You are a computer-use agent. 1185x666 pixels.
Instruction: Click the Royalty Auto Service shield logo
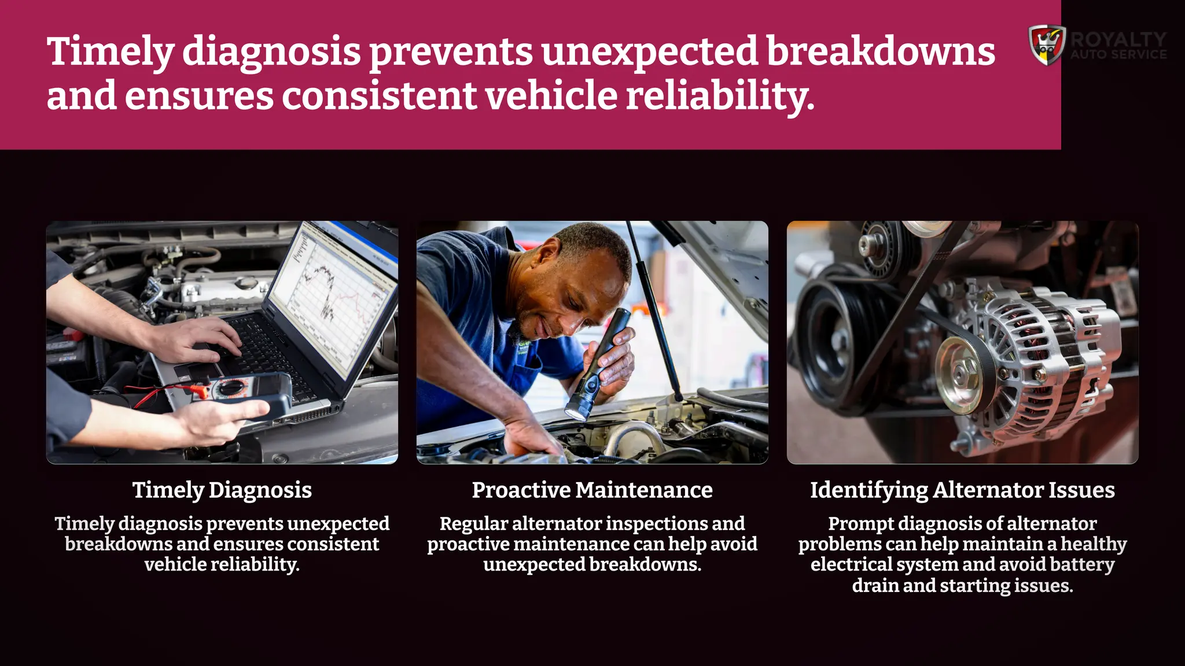pos(1047,45)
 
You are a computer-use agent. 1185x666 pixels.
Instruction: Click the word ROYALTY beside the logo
pos(1118,39)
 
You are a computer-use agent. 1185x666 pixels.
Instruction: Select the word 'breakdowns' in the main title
pos(881,51)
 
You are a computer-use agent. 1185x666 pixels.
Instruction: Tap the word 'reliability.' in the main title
pos(720,95)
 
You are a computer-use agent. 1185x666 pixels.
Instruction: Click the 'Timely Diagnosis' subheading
pos(222,490)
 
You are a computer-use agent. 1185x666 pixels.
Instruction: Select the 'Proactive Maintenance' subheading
pos(592,490)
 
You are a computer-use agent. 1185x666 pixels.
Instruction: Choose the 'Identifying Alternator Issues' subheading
pos(962,490)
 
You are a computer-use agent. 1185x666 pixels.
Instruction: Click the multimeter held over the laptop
pos(243,393)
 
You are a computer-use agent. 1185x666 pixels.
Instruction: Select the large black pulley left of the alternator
pos(833,341)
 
